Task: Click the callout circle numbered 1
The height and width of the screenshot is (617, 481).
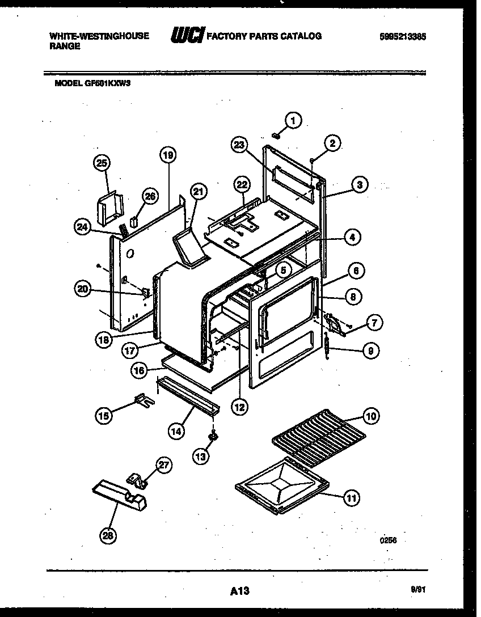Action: click(293, 120)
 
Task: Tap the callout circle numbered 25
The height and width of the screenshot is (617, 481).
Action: click(101, 163)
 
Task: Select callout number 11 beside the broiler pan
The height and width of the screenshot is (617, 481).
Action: click(352, 498)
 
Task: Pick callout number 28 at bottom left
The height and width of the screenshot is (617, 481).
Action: click(107, 535)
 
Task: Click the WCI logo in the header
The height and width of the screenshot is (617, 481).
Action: click(187, 37)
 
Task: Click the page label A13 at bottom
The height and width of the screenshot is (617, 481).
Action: click(240, 591)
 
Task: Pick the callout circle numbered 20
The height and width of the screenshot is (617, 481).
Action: click(84, 289)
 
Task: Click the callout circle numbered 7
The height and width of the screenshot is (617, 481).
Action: click(373, 323)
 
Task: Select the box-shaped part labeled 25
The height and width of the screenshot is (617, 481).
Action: click(110, 206)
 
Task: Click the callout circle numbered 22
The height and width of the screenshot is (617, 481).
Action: click(242, 185)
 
